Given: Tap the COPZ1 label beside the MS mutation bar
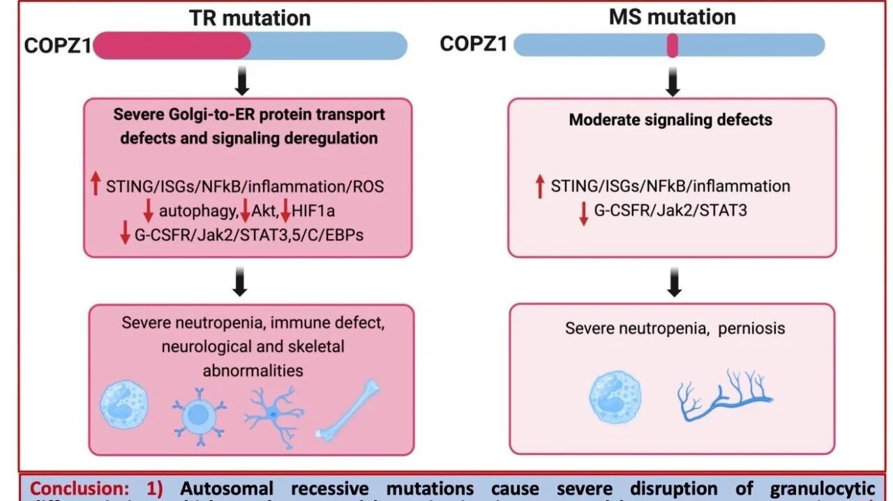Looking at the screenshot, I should (x=473, y=44).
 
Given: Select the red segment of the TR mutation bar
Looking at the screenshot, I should (x=172, y=45).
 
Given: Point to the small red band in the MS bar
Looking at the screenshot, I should (x=673, y=45).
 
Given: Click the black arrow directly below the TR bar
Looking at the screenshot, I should (x=241, y=82).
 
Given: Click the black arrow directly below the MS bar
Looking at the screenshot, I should (x=673, y=82).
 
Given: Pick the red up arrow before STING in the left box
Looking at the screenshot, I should (x=96, y=184).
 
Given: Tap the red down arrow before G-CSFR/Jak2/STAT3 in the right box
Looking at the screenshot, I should (x=583, y=213).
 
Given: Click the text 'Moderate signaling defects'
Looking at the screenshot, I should (x=670, y=119).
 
